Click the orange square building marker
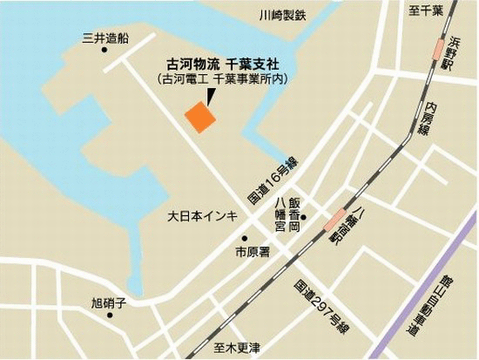[x=199, y=117]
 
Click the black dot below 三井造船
[x=105, y=51]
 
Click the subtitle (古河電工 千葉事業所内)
[x=224, y=80]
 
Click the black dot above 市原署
[x=246, y=238]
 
